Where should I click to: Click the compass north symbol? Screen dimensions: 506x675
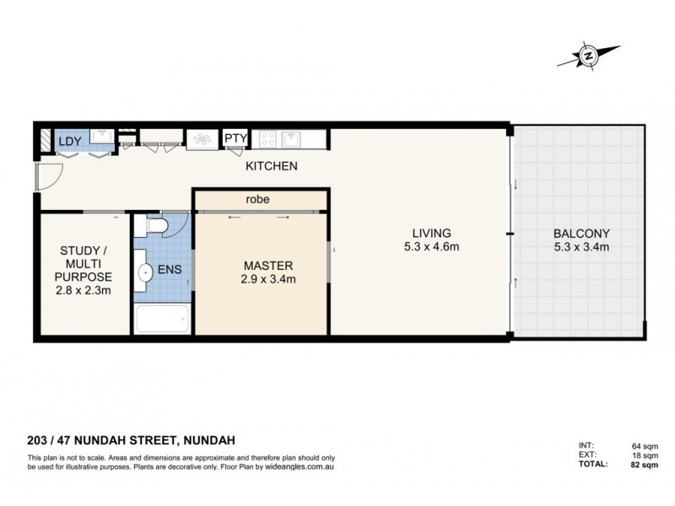(588, 57)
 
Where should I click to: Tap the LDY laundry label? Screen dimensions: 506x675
(68, 141)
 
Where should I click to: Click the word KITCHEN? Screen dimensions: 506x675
(271, 166)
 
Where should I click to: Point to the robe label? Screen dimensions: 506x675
(258, 200)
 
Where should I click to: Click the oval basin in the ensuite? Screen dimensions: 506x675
(146, 272)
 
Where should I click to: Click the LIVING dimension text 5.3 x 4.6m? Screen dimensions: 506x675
(431, 247)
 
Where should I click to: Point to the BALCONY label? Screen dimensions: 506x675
(581, 233)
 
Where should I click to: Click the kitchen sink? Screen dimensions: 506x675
(292, 137)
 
